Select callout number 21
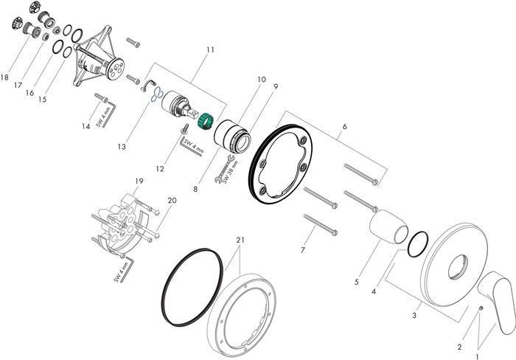coord(240,240)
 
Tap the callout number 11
coord(211,49)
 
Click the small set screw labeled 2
coord(458,309)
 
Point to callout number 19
coord(138,181)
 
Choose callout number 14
coord(86,127)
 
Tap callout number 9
coord(276,86)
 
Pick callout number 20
coord(172,200)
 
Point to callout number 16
coord(29,94)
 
